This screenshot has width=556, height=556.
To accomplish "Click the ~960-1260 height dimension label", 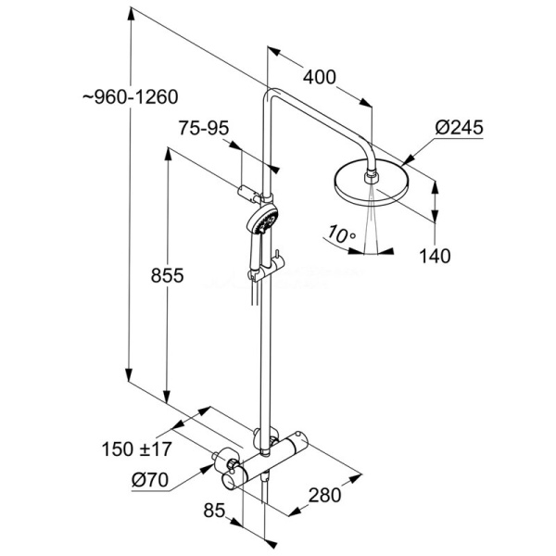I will (131, 96).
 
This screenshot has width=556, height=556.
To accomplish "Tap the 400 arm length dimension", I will (319, 78).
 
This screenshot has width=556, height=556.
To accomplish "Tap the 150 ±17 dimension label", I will (136, 450).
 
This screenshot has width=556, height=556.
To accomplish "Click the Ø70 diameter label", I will (149, 480).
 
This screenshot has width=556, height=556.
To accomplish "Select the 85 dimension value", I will (215, 509).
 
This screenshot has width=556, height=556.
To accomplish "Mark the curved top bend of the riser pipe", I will (274, 95).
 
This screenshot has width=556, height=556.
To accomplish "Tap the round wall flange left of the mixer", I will (223, 461).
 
